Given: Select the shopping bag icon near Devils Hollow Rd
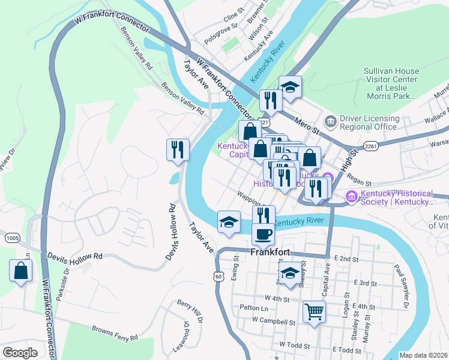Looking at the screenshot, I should pos(20,270).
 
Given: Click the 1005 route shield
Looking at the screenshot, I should pos(12,238).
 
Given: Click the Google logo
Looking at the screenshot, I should pos(20,353).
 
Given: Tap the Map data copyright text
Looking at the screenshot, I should pos(424,355).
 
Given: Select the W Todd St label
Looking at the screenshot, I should pos(294,346).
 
